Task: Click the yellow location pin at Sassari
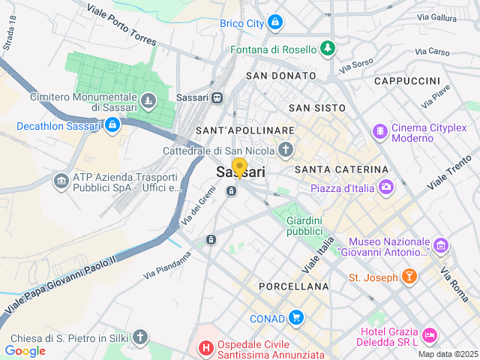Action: [239, 167]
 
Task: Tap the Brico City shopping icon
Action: [275, 23]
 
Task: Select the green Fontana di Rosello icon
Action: [327, 49]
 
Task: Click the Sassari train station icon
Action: [217, 97]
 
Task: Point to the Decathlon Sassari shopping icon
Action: [112, 125]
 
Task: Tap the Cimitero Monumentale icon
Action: [149, 99]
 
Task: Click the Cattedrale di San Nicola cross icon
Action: [285, 151]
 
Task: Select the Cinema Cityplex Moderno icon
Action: [381, 132]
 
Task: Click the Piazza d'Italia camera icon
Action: [386, 187]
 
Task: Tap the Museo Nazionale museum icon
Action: [440, 245]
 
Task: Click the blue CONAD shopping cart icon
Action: [296, 318]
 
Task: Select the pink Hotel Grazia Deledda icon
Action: [429, 333]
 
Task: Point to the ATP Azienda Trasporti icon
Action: [61, 181]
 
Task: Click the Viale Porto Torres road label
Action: [120, 25]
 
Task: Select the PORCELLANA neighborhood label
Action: [293, 286]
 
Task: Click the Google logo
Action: [25, 350]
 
